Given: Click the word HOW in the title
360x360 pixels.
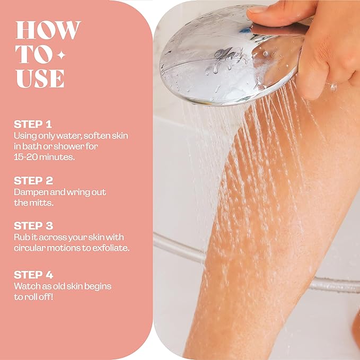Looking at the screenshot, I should (48, 30).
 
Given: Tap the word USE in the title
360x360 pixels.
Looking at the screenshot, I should (40, 78).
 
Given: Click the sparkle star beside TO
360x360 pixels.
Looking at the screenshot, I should (62, 55).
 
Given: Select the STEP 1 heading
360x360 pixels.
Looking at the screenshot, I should (33, 125).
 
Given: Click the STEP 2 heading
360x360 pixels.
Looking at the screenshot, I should (33, 181).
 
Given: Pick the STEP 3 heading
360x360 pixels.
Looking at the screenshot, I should (33, 225).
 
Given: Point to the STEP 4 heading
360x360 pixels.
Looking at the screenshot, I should (33, 275).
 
